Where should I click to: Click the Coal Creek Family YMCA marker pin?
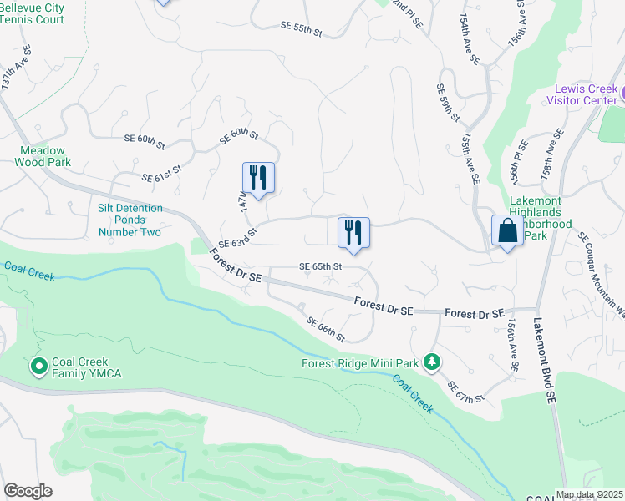click(x=38, y=366)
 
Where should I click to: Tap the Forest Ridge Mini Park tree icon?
click(x=432, y=362)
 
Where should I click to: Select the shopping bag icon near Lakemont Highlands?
click(x=507, y=231)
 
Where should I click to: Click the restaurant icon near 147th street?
click(x=258, y=178)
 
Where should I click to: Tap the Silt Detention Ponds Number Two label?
click(x=129, y=220)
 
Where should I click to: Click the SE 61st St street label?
click(x=162, y=177)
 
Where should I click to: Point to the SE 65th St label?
click(x=322, y=266)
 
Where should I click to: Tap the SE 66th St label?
click(x=325, y=329)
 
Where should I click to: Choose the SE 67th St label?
click(x=466, y=392)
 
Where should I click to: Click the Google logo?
click(x=28, y=491)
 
